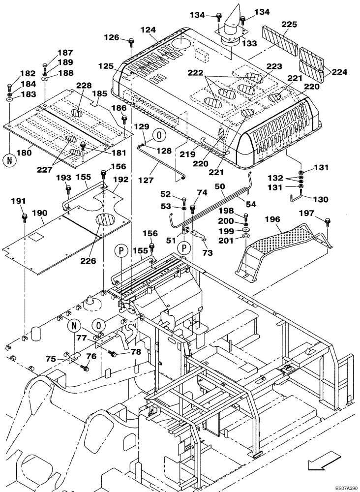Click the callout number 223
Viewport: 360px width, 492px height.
tap(274, 66)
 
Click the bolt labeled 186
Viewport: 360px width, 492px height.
tap(125, 118)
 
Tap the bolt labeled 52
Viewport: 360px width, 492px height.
tap(183, 200)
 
